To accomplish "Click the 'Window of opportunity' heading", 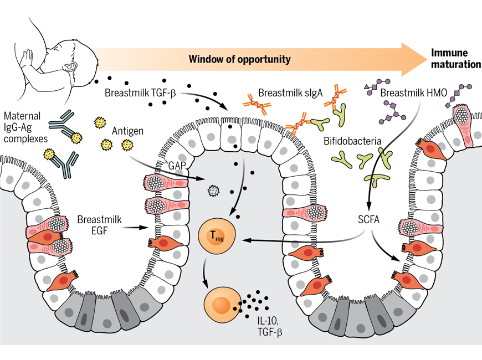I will (x=239, y=59).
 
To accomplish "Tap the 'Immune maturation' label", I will (x=456, y=59).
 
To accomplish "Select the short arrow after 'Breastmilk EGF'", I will (x=134, y=226).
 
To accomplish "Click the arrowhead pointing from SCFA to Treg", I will (x=243, y=240).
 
